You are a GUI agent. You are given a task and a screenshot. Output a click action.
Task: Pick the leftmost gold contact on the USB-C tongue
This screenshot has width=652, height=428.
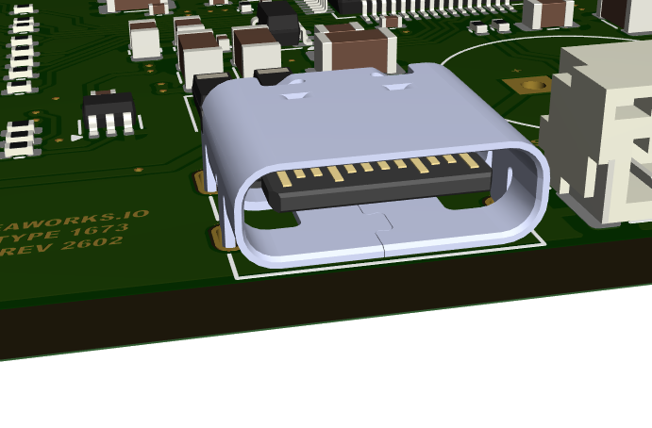[x=282, y=177]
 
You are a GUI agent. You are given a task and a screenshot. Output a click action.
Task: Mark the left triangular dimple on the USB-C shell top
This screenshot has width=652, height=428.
[x=295, y=94]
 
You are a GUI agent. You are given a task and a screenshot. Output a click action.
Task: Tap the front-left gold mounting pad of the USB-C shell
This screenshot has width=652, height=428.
[x=223, y=236]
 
